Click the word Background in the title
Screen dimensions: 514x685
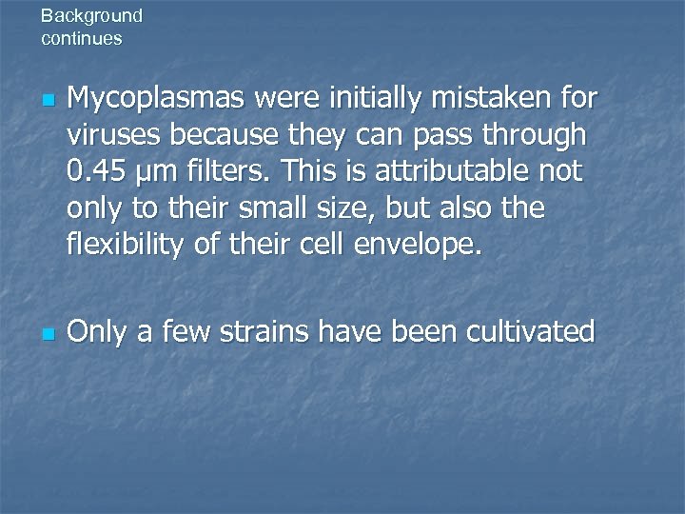tap(91, 16)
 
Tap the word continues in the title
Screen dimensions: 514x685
tap(82, 39)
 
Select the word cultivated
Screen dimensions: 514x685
tap(529, 332)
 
